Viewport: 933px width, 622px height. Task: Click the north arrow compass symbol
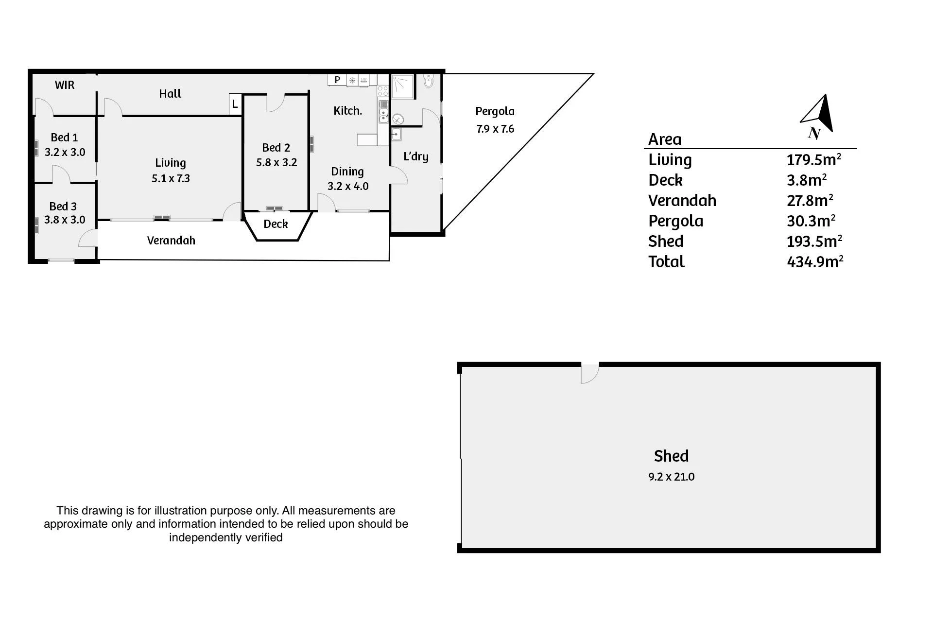(x=818, y=117)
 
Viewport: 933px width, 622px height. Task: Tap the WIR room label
(x=65, y=85)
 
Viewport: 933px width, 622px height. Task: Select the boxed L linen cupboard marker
(x=235, y=104)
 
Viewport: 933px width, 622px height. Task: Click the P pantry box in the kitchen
(x=337, y=80)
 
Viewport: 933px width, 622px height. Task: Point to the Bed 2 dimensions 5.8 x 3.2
(x=276, y=162)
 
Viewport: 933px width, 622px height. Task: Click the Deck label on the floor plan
(x=276, y=224)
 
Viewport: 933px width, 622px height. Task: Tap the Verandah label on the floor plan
(x=171, y=241)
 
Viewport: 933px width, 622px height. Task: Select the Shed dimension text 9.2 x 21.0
(x=671, y=477)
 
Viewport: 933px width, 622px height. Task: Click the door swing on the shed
(x=590, y=374)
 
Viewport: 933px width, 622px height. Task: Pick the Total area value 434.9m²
(x=815, y=261)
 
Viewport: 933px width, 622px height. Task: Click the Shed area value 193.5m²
(x=814, y=241)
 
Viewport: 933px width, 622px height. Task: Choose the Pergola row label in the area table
(x=675, y=221)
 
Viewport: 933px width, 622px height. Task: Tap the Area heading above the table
(x=665, y=139)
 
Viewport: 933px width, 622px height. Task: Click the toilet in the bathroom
(x=428, y=81)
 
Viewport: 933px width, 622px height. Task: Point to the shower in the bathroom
(x=403, y=86)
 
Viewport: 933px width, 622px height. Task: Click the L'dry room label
(x=416, y=156)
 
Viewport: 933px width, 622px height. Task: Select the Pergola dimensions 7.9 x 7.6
(x=495, y=129)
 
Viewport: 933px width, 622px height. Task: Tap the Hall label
(x=170, y=94)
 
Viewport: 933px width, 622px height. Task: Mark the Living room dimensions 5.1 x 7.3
(x=171, y=178)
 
